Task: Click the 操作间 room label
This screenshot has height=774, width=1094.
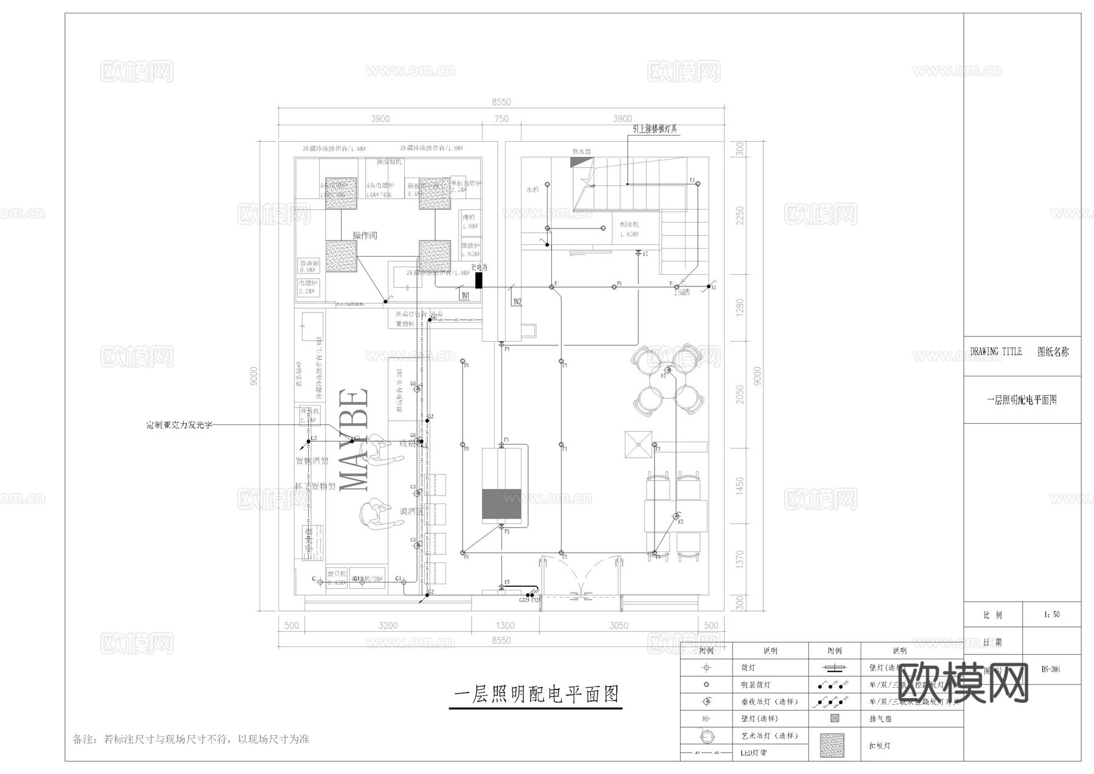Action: coord(365,235)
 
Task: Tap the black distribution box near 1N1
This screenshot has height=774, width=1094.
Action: coord(478,280)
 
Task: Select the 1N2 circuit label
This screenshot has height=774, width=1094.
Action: coord(517,302)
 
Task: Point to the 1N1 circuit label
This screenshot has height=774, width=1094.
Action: coord(465,295)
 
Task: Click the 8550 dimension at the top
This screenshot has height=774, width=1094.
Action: coord(501,102)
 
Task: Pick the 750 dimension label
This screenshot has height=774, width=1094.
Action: coord(501,119)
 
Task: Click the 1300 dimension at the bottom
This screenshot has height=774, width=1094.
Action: coord(505,625)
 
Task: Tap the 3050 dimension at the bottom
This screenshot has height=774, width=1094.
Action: coord(619,625)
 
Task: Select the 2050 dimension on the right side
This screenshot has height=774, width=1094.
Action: coord(740,395)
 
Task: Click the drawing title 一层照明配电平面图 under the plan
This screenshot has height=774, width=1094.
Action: coord(536,694)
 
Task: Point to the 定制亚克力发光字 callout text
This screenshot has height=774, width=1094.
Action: coord(179,425)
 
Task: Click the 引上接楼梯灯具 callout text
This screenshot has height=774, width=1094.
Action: coord(655,129)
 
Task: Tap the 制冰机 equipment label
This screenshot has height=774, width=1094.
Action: coord(629,224)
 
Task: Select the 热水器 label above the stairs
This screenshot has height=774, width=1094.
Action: coord(582,151)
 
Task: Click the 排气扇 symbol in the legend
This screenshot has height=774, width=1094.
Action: coord(834,718)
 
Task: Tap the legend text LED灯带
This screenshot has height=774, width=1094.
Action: coord(754,753)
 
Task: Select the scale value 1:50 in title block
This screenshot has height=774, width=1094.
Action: coord(1052,615)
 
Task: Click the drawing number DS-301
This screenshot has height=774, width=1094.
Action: coord(1051,669)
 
